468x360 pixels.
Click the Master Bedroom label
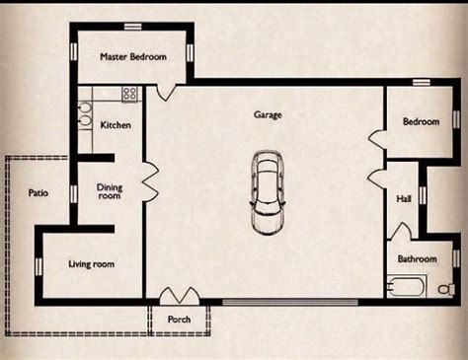coord(133,56)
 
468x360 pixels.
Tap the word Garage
coord(268,114)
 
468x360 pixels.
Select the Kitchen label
coord(116,125)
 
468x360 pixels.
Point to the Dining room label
coord(110,191)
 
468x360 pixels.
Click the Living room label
coord(92,264)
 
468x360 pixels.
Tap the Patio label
coord(39,192)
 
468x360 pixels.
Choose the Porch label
coord(179,320)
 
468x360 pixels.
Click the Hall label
coord(404,198)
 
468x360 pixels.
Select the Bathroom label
coord(418,258)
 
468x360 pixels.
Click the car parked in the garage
coord(268,193)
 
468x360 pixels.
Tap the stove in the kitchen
coord(130,94)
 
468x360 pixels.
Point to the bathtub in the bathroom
coord(406,286)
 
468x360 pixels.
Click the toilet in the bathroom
coord(446,289)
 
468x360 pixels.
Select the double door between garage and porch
coord(180,296)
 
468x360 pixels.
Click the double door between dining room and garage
coord(151,181)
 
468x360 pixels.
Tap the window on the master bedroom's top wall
coord(132,27)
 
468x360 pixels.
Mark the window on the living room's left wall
coord(39,266)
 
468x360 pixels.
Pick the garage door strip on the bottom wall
coord(290,302)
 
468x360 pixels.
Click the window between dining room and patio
coord(73,193)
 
